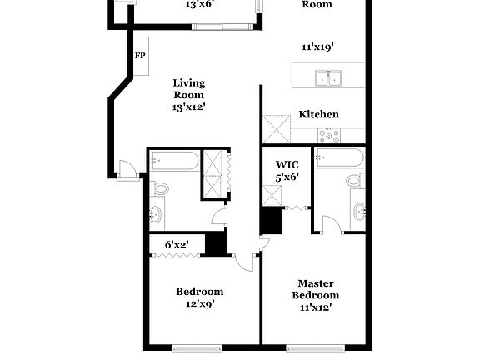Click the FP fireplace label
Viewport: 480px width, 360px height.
(x=139, y=56)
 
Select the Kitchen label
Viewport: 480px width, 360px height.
(x=318, y=115)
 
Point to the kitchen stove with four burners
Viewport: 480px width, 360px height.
(x=329, y=133)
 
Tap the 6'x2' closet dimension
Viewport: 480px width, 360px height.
(x=176, y=244)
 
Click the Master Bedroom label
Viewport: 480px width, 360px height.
(x=316, y=295)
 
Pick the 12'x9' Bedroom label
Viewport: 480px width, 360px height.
(x=199, y=297)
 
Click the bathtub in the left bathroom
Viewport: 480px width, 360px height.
(x=175, y=160)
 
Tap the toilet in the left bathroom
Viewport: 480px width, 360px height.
(x=160, y=187)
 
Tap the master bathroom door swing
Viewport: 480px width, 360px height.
(x=331, y=225)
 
